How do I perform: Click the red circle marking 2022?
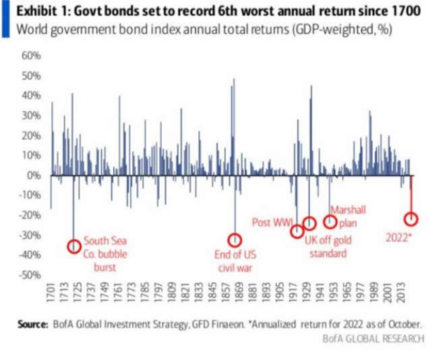click(x=411, y=219)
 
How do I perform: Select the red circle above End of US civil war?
click(x=235, y=239)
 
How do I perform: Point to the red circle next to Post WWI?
click(x=297, y=231)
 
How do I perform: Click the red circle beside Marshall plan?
click(x=330, y=221)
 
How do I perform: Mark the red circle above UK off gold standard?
click(x=310, y=224)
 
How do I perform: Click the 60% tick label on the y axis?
click(x=32, y=56)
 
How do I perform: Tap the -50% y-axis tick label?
click(x=31, y=275)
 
